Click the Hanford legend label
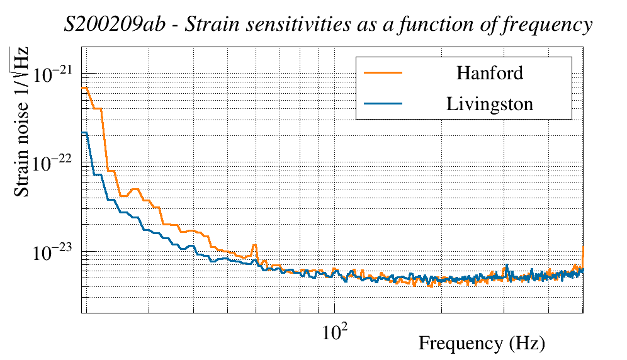coord(489,73)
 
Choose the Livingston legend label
coord(489,104)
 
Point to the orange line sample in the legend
coord(383,73)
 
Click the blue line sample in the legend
coord(383,104)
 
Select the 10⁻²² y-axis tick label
coord(54,164)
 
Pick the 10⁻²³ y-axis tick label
coord(54,252)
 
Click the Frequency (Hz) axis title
coord(482,344)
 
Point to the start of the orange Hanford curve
coord(83,88)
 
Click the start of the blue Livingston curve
coord(83,133)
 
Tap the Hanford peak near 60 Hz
coord(254,245)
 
